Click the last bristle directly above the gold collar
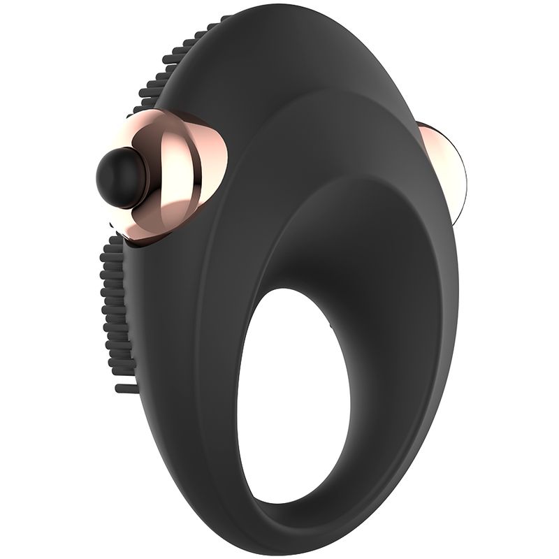tap(140, 112)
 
